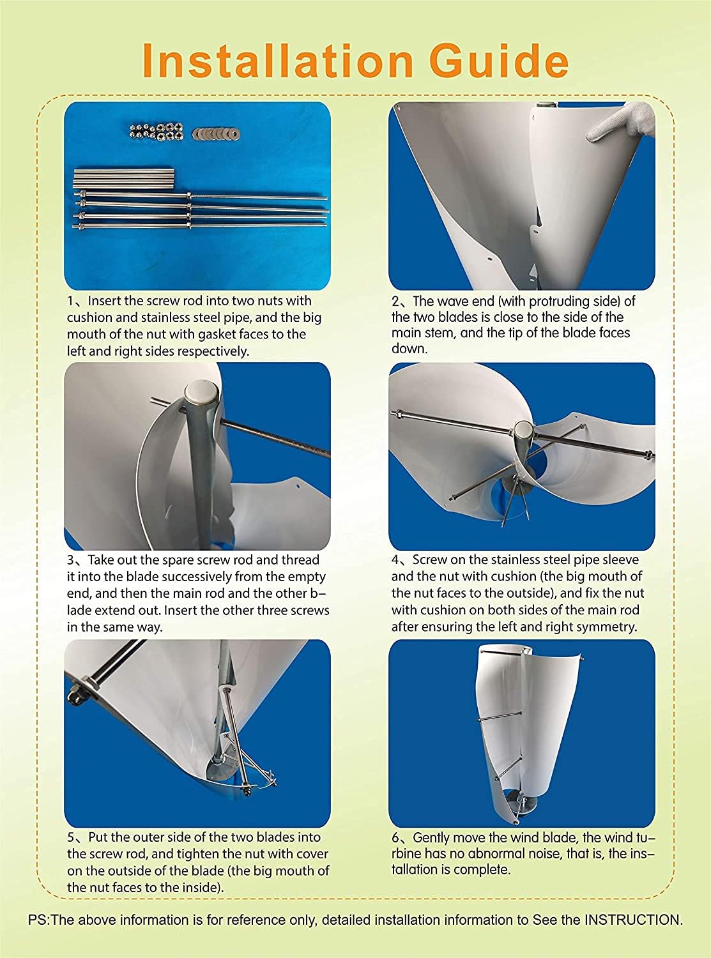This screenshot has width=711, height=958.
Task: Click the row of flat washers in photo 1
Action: click(x=220, y=133)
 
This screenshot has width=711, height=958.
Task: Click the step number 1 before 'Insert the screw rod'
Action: click(x=72, y=301)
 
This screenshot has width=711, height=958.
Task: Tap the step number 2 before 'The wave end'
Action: click(x=396, y=301)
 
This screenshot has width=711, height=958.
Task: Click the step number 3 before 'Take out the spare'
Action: click(x=72, y=560)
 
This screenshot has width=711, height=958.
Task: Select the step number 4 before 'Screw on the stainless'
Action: click(x=396, y=560)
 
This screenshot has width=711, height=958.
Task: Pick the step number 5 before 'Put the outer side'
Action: click(x=72, y=837)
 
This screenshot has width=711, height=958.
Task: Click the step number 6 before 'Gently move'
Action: click(x=396, y=837)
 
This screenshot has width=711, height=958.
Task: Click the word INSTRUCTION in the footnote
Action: click(x=632, y=920)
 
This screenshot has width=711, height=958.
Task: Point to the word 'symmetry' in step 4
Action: click(x=610, y=627)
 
